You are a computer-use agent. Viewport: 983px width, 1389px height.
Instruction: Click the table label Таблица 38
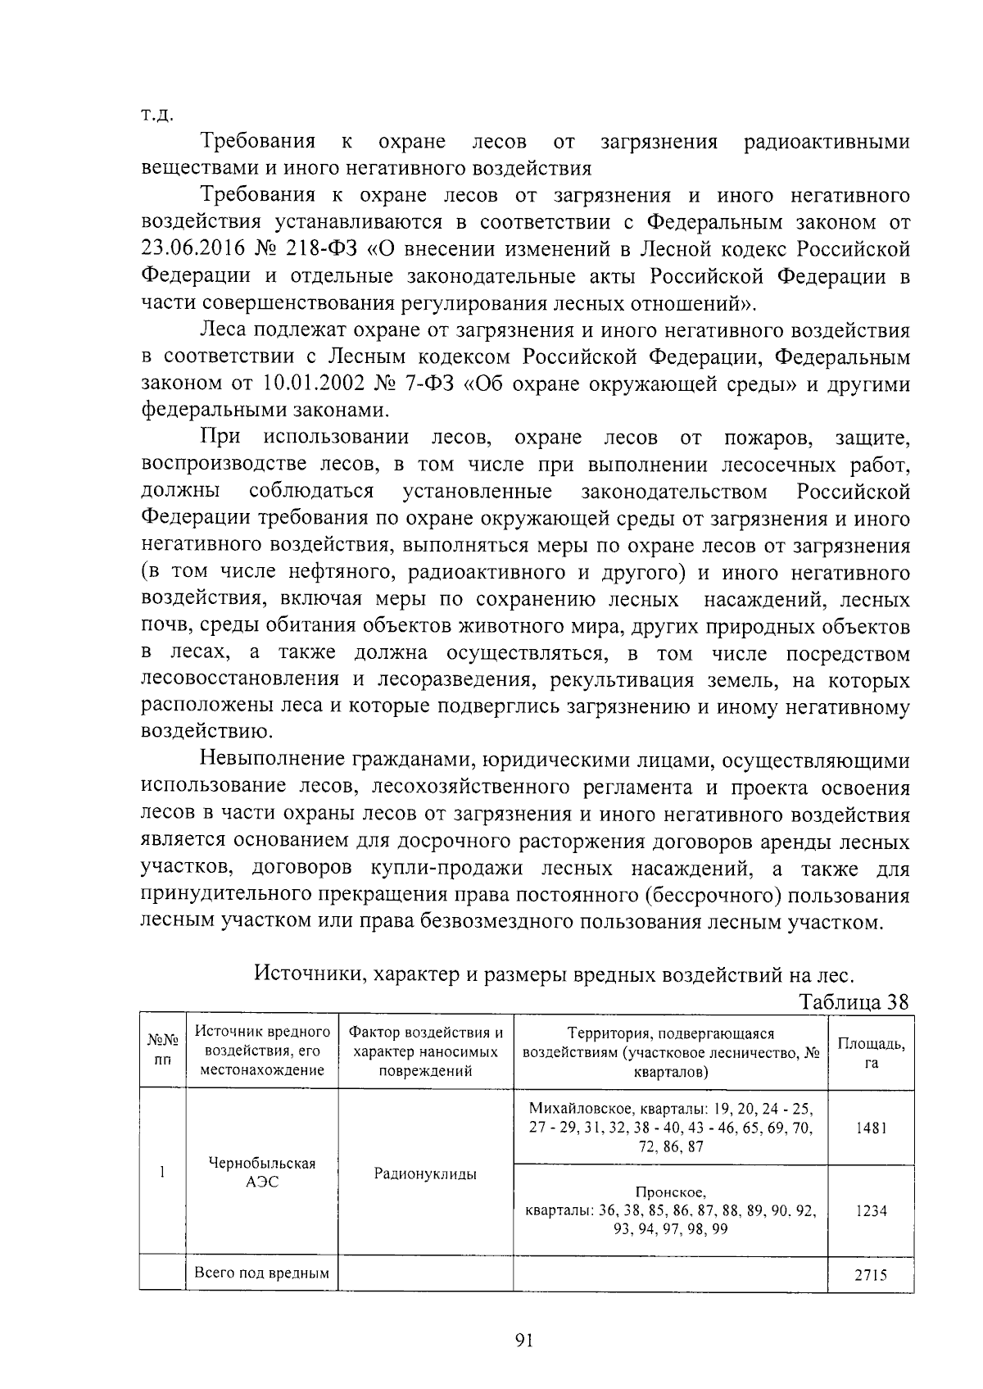854,1002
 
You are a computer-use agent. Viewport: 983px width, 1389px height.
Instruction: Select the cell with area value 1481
871,1128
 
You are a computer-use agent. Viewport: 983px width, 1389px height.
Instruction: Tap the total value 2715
871,1276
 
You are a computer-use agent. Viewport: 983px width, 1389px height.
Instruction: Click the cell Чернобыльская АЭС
262,1173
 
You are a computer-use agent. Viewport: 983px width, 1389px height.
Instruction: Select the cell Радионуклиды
425,1174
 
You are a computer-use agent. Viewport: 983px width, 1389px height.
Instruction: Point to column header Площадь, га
871,1052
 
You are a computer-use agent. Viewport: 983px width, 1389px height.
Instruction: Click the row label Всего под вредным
261,1273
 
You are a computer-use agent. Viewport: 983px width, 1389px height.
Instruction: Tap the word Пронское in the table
671,1192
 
